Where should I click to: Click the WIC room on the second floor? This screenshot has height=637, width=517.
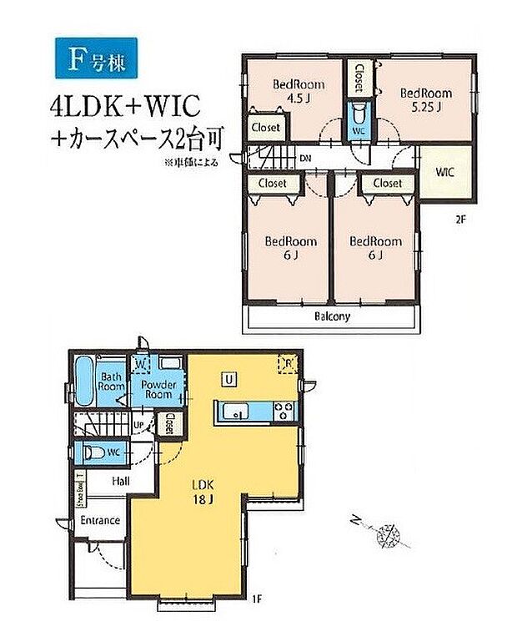pos(444,174)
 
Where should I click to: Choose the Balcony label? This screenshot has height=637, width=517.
pos(332,316)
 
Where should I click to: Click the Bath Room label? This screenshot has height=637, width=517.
pos(111,382)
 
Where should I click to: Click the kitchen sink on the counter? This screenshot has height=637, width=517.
pos(236,412)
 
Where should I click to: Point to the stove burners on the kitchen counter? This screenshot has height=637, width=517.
pos(283,412)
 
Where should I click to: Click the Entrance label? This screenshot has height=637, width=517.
pos(100,520)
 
